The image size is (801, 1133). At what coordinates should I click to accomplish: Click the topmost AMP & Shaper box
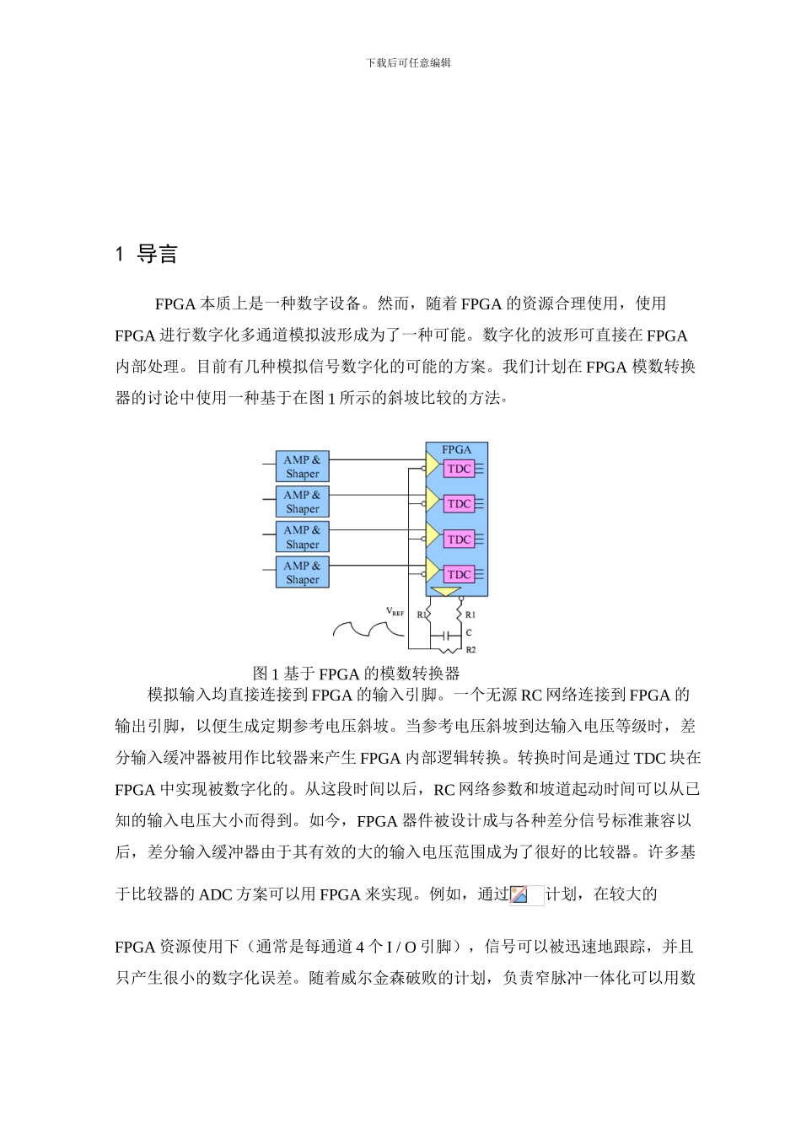(302, 467)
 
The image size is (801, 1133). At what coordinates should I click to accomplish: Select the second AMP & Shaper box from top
(302, 502)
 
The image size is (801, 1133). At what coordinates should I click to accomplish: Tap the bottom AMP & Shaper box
(302, 572)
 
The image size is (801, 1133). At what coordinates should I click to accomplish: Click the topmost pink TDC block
(460, 469)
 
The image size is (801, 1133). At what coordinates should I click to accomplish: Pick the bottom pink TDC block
(460, 574)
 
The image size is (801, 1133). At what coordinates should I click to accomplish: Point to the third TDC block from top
(460, 540)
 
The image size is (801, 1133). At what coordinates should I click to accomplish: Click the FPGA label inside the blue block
(457, 450)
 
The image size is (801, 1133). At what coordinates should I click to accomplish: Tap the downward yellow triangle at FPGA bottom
(445, 591)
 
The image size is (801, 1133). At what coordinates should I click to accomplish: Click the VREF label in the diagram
(395, 612)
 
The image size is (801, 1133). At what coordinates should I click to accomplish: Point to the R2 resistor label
(470, 650)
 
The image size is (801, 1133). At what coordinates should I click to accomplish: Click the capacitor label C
(469, 632)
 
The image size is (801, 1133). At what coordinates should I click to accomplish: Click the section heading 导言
(157, 255)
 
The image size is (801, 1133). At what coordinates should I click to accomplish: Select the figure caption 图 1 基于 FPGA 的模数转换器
(356, 674)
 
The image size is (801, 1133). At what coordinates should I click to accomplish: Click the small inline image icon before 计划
(519, 894)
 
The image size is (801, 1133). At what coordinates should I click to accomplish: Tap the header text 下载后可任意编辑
(409, 63)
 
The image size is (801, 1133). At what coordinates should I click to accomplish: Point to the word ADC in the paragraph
(216, 894)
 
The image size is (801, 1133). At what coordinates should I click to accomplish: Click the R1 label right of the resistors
(470, 615)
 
